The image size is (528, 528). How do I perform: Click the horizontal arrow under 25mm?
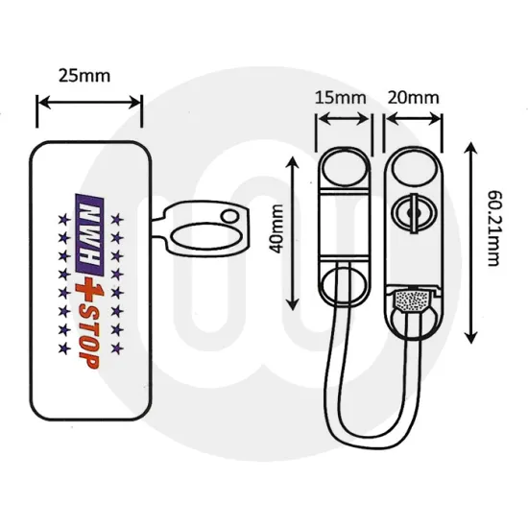(88, 108)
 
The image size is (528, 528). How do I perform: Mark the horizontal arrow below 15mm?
(344, 121)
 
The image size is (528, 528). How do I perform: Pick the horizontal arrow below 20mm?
(414, 121)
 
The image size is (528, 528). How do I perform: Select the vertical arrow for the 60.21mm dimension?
(469, 245)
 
